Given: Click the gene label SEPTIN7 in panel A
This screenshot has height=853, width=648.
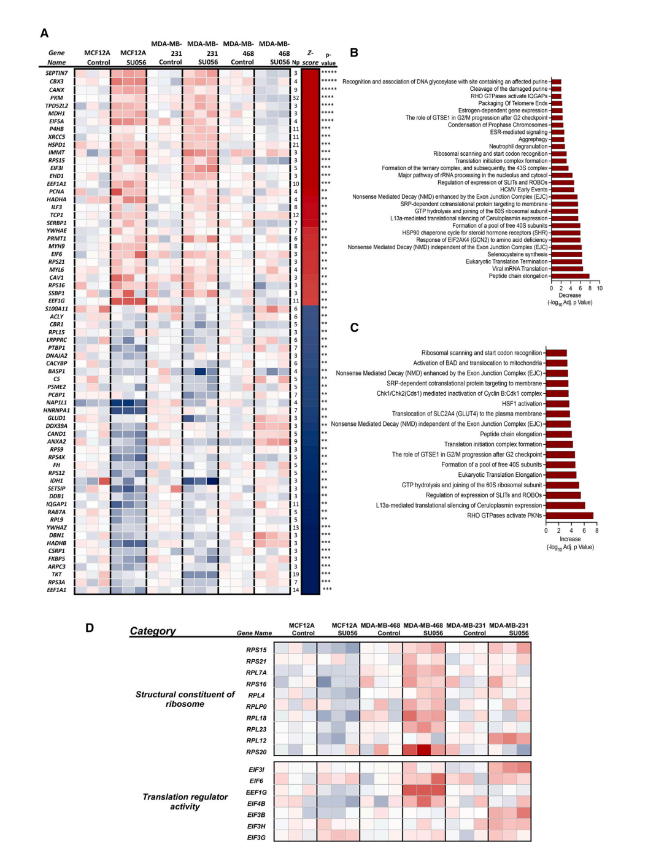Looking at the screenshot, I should [56, 73].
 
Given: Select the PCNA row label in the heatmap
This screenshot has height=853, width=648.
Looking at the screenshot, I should [56, 191].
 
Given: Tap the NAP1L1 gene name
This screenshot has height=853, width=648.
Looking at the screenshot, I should [56, 403].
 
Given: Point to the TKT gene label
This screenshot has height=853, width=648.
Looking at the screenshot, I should [56, 574].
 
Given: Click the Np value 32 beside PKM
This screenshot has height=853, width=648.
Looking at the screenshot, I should [296, 98].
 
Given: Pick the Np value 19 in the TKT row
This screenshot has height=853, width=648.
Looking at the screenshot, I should [296, 574].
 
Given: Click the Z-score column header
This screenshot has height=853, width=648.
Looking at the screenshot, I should [310, 58].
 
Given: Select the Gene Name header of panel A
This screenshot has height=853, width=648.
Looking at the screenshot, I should [56, 58].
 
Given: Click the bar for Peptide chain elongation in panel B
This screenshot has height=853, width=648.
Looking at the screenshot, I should [570, 276].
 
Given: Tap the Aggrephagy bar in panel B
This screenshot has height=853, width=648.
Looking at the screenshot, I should [557, 139].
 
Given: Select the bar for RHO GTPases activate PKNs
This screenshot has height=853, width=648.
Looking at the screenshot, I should [569, 515].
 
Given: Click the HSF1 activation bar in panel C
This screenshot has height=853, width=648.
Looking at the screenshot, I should [557, 404].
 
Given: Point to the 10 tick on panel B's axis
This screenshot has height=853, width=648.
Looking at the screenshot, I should [600, 288].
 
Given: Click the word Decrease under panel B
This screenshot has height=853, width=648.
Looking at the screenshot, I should [569, 295].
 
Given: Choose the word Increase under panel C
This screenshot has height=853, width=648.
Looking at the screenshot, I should [570, 539].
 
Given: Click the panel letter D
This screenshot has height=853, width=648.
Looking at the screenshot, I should [90, 628].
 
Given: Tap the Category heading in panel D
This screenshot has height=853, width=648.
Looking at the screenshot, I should [153, 631].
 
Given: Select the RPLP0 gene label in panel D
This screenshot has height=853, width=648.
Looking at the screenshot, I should [256, 707].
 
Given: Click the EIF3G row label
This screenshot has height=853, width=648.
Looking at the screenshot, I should [256, 838].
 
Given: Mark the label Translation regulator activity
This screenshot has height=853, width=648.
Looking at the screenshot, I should [185, 801].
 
